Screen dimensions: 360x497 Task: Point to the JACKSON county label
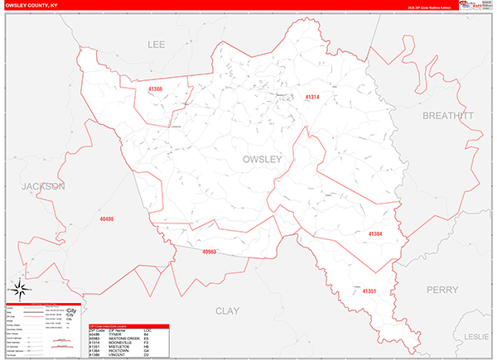[43, 187]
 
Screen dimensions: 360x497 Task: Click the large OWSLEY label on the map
[263, 158]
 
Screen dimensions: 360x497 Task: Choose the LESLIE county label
[478, 337]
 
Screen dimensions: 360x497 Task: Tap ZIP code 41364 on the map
[375, 234]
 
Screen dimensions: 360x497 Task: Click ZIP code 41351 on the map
[369, 291]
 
